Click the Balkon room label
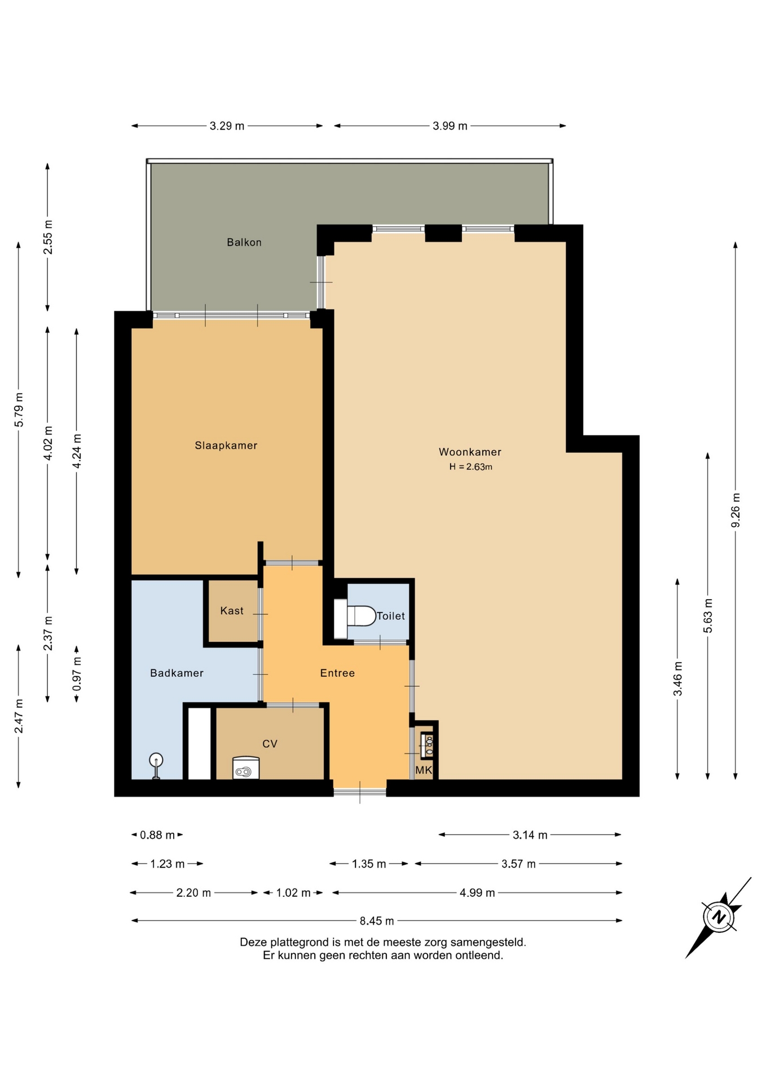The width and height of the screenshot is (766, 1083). (244, 243)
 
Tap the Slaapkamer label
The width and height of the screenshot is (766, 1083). (226, 446)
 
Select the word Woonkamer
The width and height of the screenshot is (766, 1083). (470, 452)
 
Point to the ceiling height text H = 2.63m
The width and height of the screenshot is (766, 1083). (470, 467)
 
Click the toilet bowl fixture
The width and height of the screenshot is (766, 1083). (355, 616)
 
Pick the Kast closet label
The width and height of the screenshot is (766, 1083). (232, 611)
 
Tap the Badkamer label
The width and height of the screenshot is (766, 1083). (177, 673)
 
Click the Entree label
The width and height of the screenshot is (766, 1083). (337, 673)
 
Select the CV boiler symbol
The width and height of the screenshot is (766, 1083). (246, 768)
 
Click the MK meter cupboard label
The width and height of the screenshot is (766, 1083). (424, 770)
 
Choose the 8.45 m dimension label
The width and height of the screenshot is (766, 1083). (377, 921)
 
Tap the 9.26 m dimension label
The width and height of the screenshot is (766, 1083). (736, 510)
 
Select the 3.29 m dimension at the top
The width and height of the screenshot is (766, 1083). (227, 126)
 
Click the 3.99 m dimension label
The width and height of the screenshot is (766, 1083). (450, 126)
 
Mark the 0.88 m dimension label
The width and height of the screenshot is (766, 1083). (157, 835)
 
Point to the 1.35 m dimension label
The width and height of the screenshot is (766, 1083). (369, 864)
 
